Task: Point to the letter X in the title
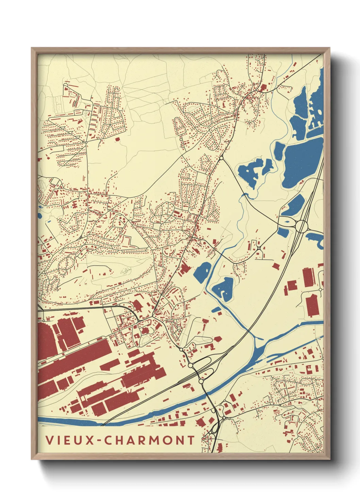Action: click(90, 440)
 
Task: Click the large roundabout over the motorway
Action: click(301, 226)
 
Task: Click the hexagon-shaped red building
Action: click(217, 339)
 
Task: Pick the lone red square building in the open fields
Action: click(118, 139)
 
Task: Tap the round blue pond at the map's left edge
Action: click(39, 215)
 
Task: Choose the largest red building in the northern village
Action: click(263, 89)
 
